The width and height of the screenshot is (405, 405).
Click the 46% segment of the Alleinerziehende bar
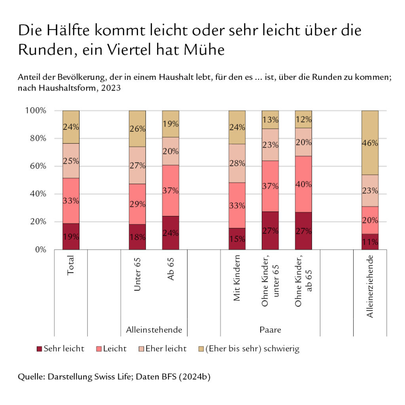tap(370, 143)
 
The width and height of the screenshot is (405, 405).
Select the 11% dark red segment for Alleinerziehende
tap(370, 242)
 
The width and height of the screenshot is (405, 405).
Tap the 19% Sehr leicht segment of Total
tap(71, 237)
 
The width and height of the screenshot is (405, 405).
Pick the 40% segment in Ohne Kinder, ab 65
tap(303, 184)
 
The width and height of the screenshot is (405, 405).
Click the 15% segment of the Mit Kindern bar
tap(237, 238)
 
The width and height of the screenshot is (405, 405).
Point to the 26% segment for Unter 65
tap(137, 129)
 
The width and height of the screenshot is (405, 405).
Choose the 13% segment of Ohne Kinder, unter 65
tap(270, 120)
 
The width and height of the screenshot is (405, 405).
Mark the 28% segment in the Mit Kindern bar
tap(237, 163)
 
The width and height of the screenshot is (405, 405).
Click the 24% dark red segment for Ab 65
tap(170, 233)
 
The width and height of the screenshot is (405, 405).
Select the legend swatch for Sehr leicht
tap(39, 349)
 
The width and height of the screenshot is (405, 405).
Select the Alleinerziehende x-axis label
tap(370, 286)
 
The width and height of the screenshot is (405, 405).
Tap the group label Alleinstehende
tap(154, 329)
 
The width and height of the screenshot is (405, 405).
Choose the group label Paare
tap(270, 329)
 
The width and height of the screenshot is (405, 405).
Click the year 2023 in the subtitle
tap(112, 88)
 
